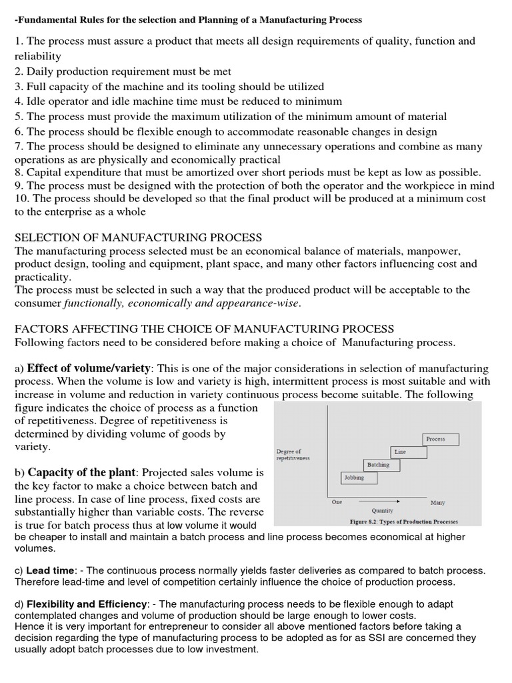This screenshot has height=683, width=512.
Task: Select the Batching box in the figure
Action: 378,464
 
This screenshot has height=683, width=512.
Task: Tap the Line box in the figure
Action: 400,452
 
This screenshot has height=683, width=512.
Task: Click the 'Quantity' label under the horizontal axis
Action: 382,510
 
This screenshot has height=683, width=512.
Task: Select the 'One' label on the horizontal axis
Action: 337,502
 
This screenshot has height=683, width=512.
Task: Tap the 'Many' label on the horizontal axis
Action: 438,502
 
